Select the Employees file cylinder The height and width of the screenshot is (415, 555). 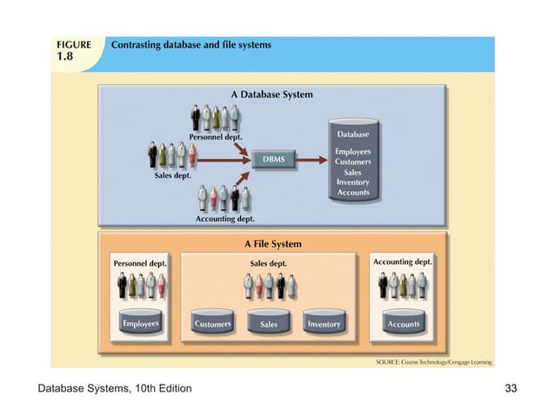140,323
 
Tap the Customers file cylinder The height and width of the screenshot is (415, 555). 213,323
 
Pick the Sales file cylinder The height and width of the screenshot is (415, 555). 269,323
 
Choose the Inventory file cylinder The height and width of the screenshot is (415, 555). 324,323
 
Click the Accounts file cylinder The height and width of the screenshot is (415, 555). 403,323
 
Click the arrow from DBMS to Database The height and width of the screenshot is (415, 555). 312,159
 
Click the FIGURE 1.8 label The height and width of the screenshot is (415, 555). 74,49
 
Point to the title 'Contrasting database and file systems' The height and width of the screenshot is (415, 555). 191,44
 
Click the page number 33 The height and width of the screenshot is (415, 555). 511,387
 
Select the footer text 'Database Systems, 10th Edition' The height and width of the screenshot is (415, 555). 114,387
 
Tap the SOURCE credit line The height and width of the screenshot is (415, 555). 431,360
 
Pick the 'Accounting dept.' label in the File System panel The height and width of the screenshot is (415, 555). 402,261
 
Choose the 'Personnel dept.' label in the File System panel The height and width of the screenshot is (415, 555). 140,262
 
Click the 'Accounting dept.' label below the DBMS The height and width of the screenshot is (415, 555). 224,219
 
